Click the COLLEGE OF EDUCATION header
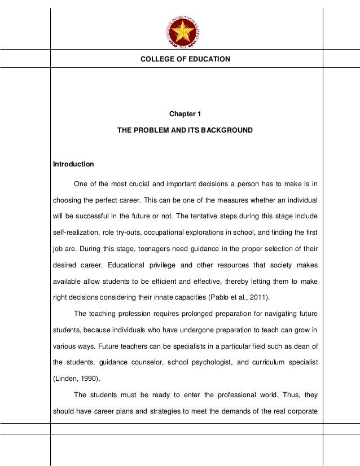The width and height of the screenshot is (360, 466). point(185,59)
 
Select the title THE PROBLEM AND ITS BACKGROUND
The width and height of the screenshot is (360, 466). point(185,130)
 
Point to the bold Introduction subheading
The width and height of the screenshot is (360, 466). point(73,165)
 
